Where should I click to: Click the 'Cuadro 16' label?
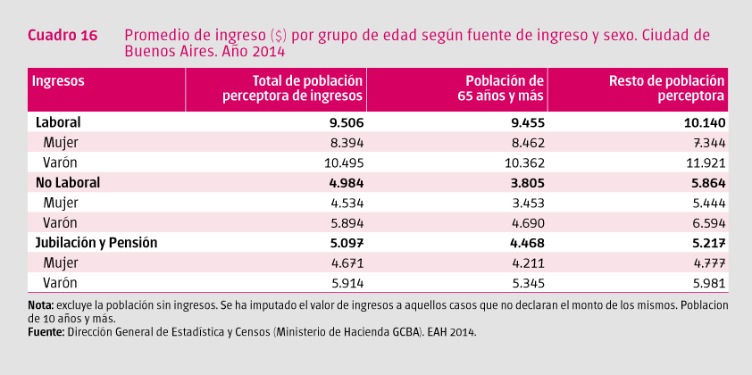tap(62, 36)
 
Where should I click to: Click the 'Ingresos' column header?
tap(59, 80)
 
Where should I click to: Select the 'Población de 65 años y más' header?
tap(498, 87)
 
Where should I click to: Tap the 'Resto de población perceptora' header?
tap(666, 87)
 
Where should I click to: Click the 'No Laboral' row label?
tap(67, 182)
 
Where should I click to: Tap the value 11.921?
tap(702, 162)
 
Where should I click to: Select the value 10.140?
tap(702, 121)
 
